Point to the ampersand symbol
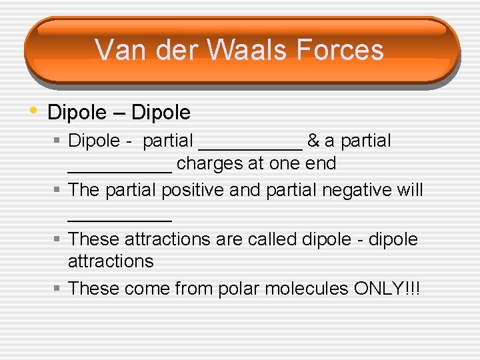313,141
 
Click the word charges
209,163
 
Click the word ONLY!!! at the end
387,289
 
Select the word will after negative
408,191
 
